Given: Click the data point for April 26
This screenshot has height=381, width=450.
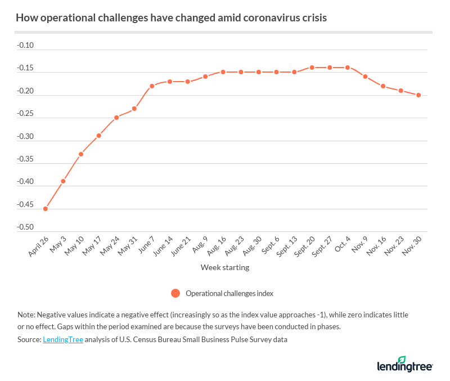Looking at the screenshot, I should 46,209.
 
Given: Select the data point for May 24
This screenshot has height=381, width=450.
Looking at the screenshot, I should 116,118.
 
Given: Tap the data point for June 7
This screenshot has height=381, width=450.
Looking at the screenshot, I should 152,86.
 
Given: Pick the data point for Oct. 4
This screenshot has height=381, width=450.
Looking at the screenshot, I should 348,68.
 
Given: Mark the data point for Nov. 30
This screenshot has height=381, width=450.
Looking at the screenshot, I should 418,95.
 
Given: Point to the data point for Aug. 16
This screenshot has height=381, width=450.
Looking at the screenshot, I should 223,72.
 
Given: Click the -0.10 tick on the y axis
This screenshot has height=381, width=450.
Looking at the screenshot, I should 26,45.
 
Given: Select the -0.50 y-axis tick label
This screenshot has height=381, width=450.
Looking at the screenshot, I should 26,227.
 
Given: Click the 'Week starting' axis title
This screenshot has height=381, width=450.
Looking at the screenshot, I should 225,268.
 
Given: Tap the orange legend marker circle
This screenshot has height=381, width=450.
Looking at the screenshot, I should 175,293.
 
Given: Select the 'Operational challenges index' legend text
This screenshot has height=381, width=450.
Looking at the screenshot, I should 229,293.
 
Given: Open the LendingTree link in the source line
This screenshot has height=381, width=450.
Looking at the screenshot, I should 62,340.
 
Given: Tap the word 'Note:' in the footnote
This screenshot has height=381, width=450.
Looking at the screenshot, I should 25,315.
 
